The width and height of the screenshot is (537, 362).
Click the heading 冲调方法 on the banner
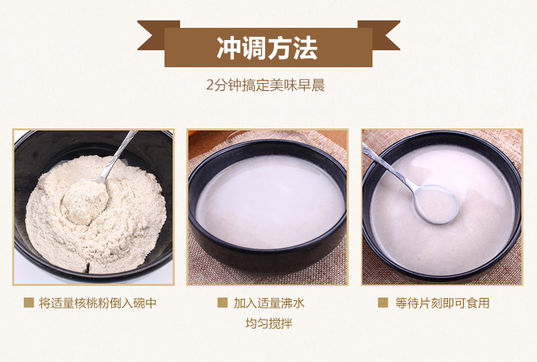tap(267, 48)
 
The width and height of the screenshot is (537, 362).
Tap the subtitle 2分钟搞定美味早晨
tap(265, 85)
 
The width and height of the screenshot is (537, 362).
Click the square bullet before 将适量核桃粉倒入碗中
tap(29, 302)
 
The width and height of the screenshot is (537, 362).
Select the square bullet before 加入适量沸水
tap(222, 302)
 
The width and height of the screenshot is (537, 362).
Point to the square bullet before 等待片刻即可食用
tap(383, 302)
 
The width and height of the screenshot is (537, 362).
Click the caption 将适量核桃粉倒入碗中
tap(98, 303)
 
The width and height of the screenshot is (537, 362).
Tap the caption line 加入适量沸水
tap(269, 303)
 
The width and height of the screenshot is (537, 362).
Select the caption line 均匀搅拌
tap(269, 323)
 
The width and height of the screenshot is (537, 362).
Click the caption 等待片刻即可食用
tap(443, 303)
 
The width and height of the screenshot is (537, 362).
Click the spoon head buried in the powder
tap(85, 202)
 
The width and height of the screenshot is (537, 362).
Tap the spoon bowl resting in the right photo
tap(436, 204)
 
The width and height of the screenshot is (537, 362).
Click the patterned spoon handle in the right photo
tap(387, 166)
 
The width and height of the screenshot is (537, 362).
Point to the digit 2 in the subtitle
tap(210, 86)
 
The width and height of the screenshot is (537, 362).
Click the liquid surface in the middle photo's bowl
tap(271, 202)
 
